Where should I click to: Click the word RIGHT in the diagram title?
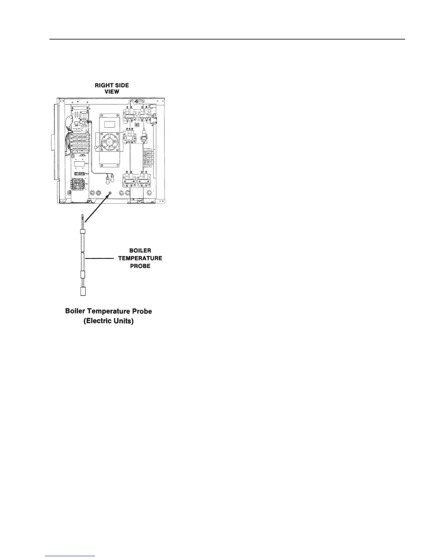click(x=101, y=85)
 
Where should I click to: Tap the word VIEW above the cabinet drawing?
click(x=112, y=91)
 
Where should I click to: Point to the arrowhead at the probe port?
click(x=110, y=194)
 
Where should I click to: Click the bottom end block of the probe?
click(x=83, y=291)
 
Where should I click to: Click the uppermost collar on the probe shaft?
click(x=83, y=232)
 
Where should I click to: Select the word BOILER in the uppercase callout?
click(x=140, y=251)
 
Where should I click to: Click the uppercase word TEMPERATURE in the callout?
click(x=140, y=258)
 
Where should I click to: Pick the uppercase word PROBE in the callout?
click(x=140, y=266)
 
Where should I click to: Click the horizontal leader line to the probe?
click(x=100, y=259)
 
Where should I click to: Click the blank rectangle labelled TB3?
click(x=80, y=164)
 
